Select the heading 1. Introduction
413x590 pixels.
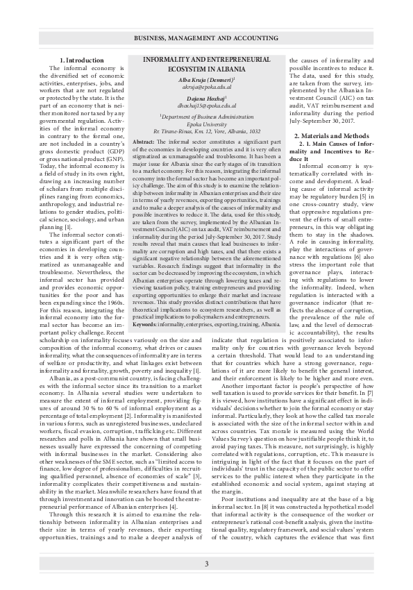pyautogui.click(x=81, y=61)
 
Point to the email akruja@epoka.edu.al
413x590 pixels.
pyautogui.click(x=206, y=89)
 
